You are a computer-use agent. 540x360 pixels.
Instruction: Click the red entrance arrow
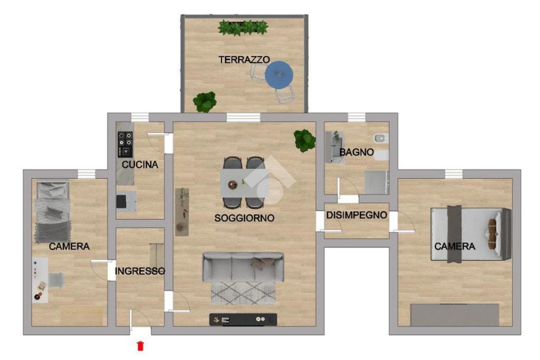(140, 346)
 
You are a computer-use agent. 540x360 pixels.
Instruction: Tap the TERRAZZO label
(244, 60)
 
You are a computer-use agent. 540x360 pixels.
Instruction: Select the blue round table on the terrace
(279, 74)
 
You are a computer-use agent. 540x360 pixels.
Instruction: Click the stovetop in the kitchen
(125, 144)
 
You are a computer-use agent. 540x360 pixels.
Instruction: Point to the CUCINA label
(140, 164)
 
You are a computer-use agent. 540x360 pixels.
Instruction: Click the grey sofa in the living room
(243, 267)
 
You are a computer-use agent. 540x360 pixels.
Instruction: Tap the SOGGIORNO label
(244, 218)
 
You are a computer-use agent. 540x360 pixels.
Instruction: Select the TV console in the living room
(243, 320)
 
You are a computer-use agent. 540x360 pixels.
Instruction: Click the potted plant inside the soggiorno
(305, 140)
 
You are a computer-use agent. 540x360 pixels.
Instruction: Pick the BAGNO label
(356, 152)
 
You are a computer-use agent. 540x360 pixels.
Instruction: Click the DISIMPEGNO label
(356, 215)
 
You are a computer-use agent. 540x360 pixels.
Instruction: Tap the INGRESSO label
(139, 271)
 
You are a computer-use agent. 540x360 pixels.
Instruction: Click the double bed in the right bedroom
(471, 234)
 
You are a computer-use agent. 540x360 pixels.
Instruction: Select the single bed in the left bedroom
(53, 212)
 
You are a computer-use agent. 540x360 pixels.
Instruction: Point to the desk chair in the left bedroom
(56, 280)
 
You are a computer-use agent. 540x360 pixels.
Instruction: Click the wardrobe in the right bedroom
(455, 315)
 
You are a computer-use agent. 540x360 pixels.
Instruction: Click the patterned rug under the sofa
(243, 293)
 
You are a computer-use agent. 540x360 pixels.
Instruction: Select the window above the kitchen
(140, 118)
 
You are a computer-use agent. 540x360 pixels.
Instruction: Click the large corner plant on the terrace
(205, 102)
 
